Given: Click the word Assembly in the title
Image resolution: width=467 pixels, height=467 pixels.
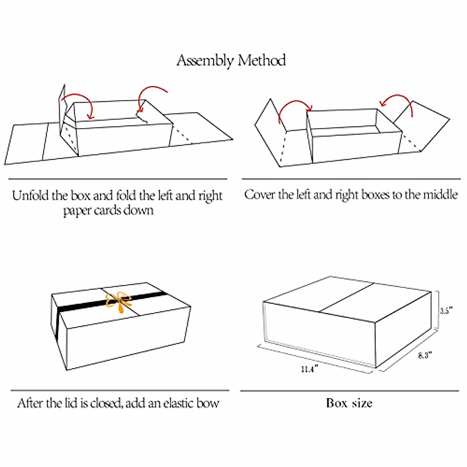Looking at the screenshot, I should point(205,61).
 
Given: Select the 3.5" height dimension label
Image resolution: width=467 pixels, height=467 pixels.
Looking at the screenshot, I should point(446,311).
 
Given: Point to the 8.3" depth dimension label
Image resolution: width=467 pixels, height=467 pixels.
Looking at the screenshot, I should point(425,355).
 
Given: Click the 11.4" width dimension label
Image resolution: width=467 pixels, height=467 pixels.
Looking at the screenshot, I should point(309,369).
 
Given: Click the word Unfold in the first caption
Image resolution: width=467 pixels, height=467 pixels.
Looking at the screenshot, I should point(31,195).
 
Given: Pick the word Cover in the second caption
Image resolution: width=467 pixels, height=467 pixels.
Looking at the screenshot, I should point(259,194).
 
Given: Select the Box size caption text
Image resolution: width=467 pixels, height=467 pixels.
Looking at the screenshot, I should point(349,403).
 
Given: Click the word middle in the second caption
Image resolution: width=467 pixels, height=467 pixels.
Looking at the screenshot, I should point(440,194).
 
